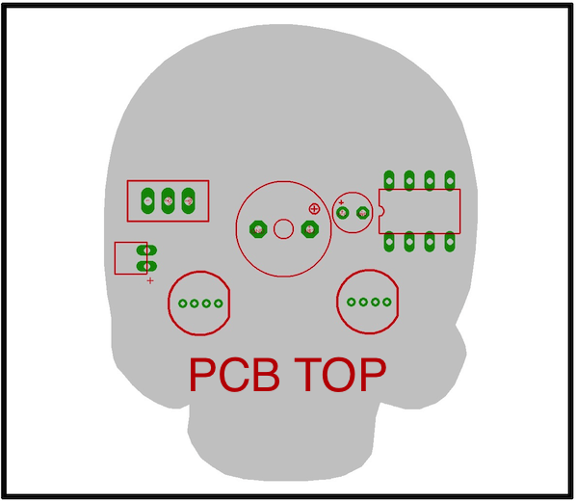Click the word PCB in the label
click(234, 375)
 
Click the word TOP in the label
click(340, 375)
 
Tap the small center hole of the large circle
click(283, 229)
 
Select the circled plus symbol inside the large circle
click(314, 209)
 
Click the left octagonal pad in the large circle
click(258, 229)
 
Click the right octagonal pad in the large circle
click(310, 229)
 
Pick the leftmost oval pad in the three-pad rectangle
click(147, 200)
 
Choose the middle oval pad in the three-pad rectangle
click(169, 200)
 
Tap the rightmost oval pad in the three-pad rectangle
click(189, 200)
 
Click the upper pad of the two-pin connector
click(146, 250)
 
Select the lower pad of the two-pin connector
click(146, 266)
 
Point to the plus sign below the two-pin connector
click(150, 280)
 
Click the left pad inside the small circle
click(343, 213)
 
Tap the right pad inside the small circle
click(363, 213)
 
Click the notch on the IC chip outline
click(381, 211)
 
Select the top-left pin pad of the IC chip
click(389, 180)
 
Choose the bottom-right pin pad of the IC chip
click(450, 242)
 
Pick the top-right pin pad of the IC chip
click(450, 180)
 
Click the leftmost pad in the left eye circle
click(183, 303)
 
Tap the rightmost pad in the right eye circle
click(387, 303)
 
